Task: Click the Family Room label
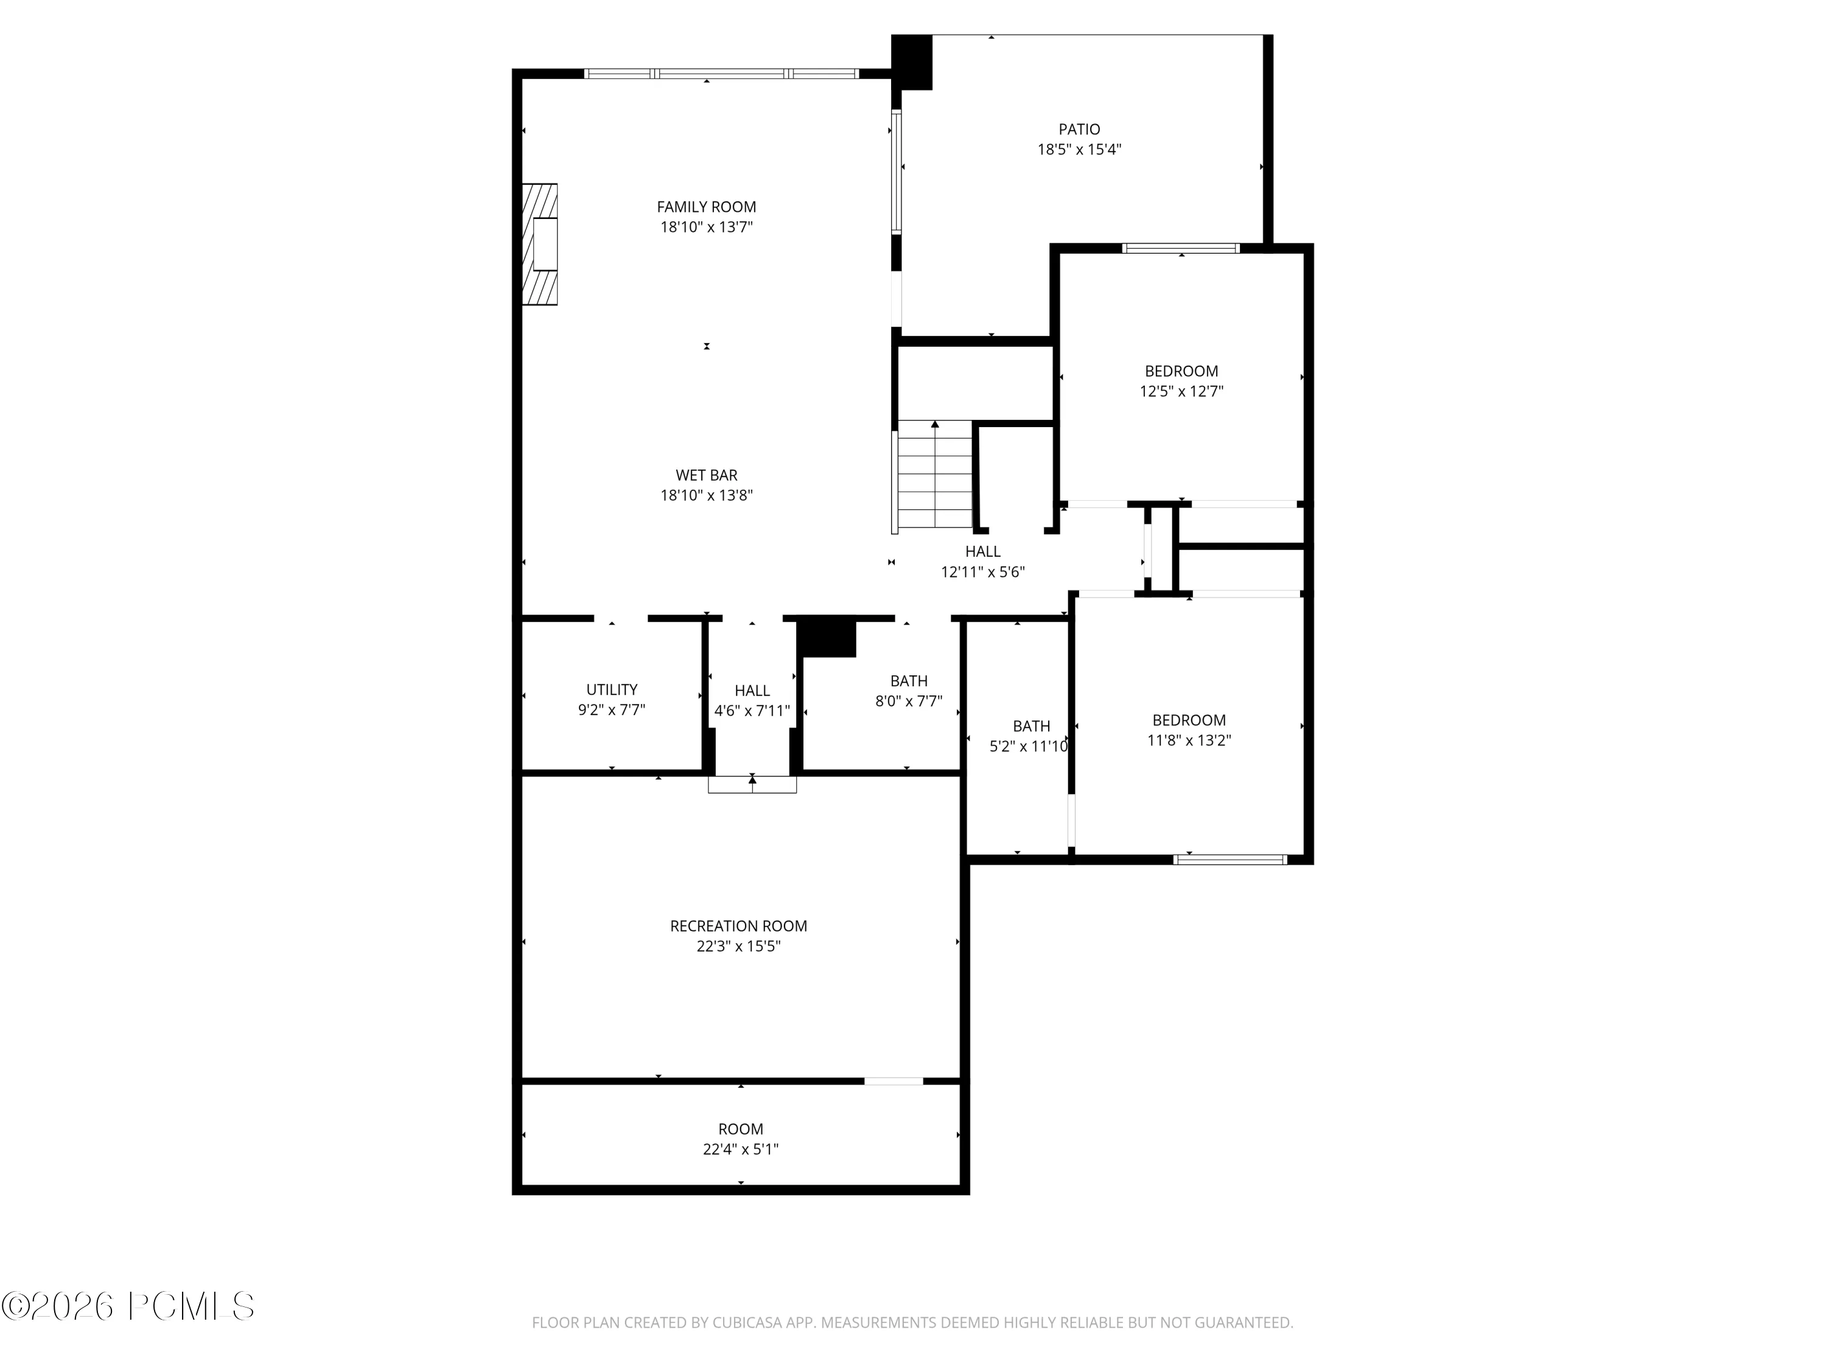pos(706,207)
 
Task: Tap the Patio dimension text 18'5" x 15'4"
pos(1079,149)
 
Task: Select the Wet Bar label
pos(707,475)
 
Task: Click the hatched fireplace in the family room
pos(540,244)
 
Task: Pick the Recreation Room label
pos(739,926)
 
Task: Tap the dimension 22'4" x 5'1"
pos(741,1149)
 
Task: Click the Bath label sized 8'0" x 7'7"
pos(909,681)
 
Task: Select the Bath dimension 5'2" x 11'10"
pos(1029,746)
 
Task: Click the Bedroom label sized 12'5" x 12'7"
pos(1181,371)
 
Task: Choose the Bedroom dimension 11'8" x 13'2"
pos(1189,740)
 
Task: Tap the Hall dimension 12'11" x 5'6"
pos(982,571)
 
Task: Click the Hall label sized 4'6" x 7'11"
pos(752,691)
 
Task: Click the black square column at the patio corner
pos(912,62)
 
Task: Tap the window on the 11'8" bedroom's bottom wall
pos(1230,859)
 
